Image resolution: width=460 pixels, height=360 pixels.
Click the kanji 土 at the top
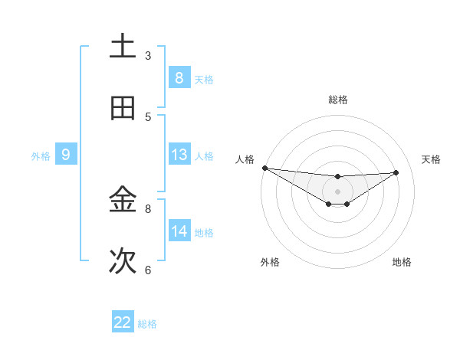point(123,47)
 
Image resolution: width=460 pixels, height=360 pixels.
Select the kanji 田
point(123,109)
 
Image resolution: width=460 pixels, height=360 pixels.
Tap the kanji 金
point(123,201)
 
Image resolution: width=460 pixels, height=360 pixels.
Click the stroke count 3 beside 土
point(148,55)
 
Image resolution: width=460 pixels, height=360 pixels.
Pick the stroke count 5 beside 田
point(148,116)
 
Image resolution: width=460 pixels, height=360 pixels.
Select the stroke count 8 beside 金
point(148,208)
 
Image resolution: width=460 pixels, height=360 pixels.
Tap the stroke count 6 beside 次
point(148,270)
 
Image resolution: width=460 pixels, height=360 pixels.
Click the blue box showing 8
point(179,77)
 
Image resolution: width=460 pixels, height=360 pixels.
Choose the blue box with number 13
point(179,155)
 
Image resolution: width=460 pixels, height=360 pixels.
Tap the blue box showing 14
point(179,231)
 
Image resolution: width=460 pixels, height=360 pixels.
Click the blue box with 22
point(123,322)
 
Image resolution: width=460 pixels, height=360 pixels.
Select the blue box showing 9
point(66,155)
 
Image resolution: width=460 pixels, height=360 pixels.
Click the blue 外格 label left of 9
point(41,155)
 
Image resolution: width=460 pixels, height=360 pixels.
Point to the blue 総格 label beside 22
point(147,324)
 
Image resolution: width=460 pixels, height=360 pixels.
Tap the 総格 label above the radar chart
point(337,100)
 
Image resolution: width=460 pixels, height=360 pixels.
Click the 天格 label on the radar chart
point(432,159)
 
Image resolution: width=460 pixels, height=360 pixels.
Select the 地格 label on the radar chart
point(402,262)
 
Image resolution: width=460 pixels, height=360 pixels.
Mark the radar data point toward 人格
point(264,168)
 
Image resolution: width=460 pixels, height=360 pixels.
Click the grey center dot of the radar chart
point(337,191)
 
